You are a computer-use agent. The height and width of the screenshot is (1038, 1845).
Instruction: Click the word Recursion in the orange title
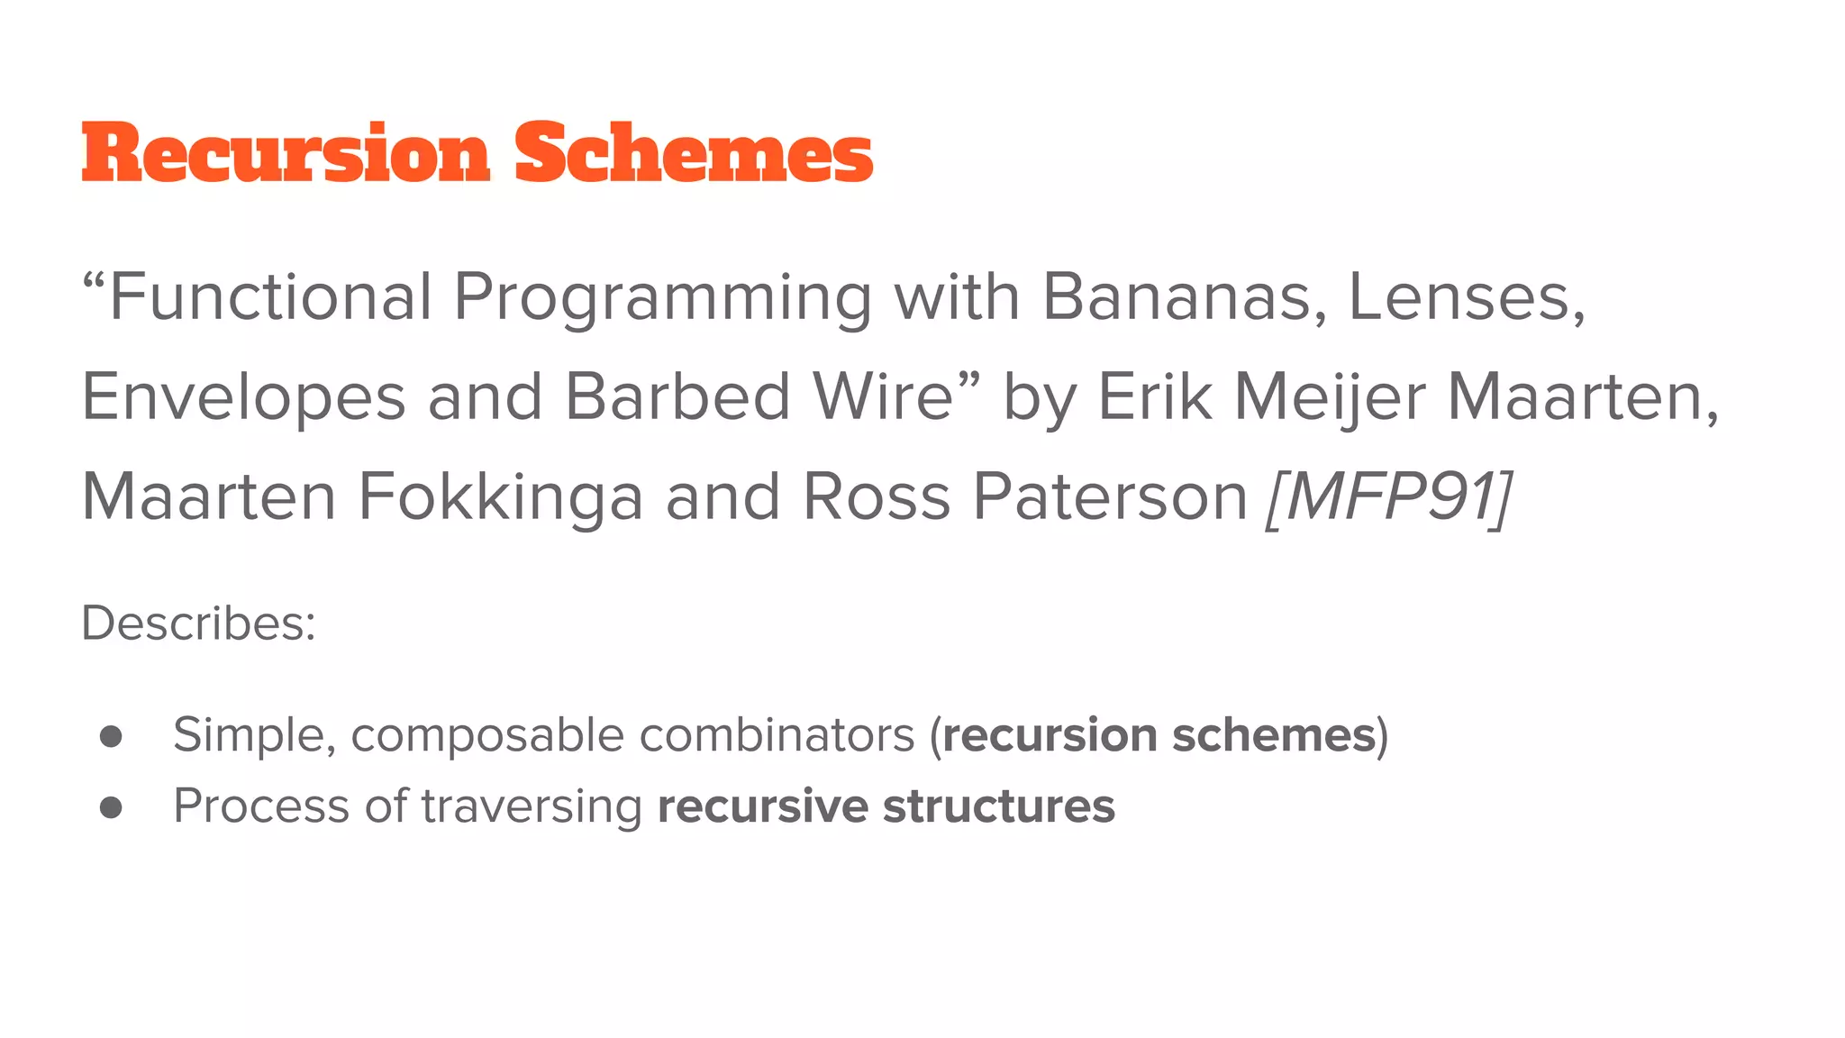286,153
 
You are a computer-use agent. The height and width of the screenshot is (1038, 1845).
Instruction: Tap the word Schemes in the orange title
694,153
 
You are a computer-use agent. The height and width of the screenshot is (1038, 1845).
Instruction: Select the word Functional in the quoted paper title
270,297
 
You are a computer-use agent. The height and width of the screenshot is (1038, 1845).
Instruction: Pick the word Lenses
1464,297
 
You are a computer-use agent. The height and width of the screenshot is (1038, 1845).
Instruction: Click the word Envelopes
243,398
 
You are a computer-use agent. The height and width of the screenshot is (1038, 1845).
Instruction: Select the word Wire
883,396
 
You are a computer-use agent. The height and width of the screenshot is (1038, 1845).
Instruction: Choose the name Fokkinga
500,497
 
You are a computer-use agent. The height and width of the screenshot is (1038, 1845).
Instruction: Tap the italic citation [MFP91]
1388,497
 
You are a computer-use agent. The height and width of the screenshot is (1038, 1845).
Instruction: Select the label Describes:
198,623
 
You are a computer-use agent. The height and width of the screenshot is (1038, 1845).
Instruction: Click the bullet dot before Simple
111,736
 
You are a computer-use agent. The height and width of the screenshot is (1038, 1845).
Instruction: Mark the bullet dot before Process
111,807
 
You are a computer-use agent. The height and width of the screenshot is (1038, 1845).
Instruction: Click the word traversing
532,806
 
